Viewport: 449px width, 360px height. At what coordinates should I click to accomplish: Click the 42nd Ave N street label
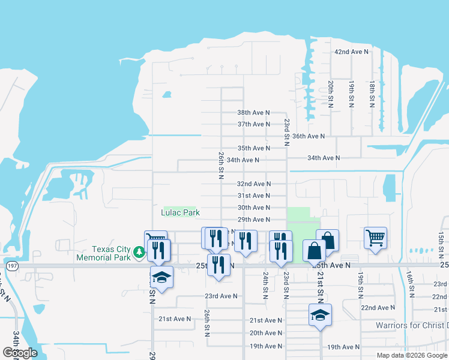(x=351, y=52)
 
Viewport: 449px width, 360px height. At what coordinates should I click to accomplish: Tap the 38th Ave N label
(x=253, y=112)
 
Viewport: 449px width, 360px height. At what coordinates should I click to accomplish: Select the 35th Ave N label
(x=253, y=148)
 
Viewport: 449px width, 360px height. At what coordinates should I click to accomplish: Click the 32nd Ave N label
(x=253, y=184)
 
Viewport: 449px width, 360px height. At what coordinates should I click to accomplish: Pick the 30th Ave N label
(x=253, y=208)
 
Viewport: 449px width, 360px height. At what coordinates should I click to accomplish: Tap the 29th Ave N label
(x=253, y=220)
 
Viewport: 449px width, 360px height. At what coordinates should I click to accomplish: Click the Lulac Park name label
(x=180, y=212)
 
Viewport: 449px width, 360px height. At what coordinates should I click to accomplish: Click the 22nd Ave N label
(x=378, y=307)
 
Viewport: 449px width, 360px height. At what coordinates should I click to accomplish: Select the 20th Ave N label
(x=266, y=333)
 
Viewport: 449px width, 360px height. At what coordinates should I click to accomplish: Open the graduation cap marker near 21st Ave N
(x=320, y=314)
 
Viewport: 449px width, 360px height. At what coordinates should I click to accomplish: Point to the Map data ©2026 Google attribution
(x=411, y=355)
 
